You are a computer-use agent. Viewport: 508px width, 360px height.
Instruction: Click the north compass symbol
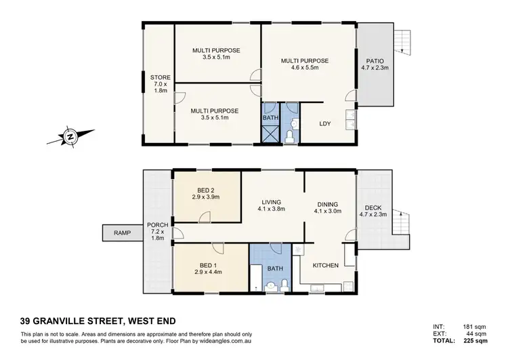(70, 137)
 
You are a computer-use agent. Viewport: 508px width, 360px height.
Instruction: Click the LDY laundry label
(325, 124)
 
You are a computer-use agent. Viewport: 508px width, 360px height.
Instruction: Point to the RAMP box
(121, 233)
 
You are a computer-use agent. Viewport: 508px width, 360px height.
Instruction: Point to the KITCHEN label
(325, 265)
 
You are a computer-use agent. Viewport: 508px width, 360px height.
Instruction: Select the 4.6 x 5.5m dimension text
(305, 68)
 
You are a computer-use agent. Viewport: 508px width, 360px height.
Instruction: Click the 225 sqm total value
(482, 341)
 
